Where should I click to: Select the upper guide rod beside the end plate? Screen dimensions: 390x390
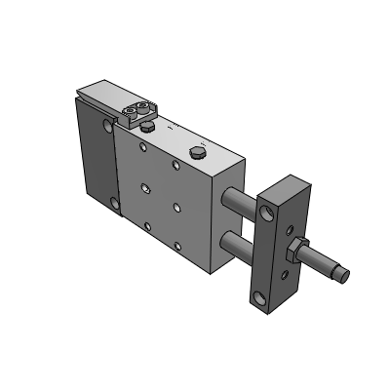pos(242,200)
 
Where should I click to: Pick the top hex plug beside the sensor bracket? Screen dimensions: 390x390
pos(147,125)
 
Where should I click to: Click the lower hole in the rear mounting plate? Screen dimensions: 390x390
pos(116,204)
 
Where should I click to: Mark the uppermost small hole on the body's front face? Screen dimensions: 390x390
pos(143,148)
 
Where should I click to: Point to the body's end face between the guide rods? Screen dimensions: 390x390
pos(231,222)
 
